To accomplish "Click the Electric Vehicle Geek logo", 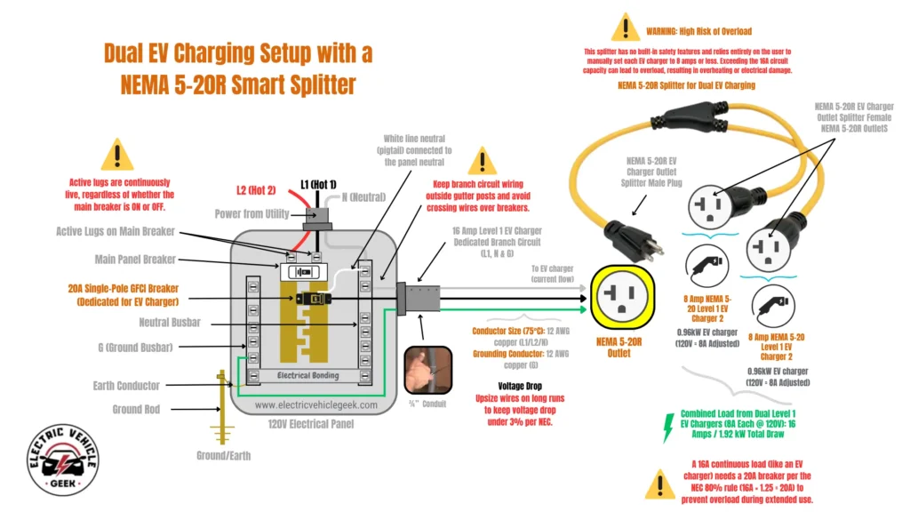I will (x=61, y=461).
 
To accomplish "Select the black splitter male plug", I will (x=632, y=240).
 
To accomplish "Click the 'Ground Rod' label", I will (x=136, y=410).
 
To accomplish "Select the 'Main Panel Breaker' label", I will (x=139, y=260).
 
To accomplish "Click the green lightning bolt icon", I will (x=667, y=427).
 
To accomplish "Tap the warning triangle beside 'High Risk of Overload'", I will (x=626, y=29).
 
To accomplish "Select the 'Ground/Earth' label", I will (x=223, y=455).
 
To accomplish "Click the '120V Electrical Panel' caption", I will (x=307, y=424).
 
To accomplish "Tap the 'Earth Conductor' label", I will (x=126, y=386).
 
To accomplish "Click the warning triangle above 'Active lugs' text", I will (x=117, y=156).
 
